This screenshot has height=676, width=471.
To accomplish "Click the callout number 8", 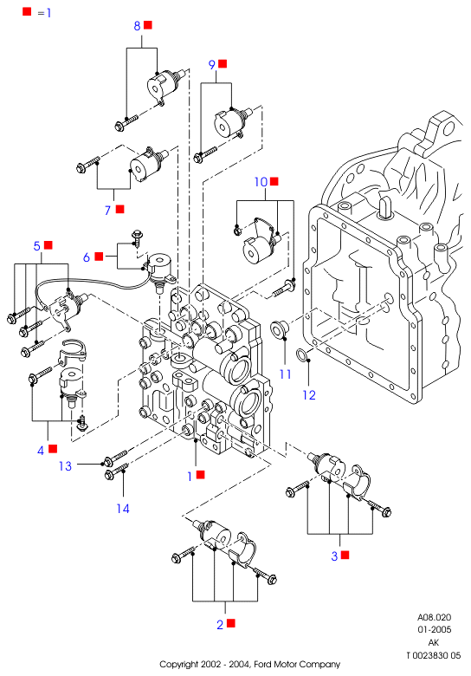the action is click(x=137, y=26).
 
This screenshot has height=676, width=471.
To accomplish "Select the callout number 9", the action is click(x=212, y=65).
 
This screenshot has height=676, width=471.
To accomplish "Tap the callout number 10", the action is click(x=261, y=182).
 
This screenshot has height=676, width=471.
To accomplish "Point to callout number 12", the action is click(x=309, y=395).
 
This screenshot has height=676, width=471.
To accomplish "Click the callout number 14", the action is click(x=123, y=509).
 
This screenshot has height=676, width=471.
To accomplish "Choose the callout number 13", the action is click(x=65, y=466).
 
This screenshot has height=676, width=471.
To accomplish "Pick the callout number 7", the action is click(x=108, y=211).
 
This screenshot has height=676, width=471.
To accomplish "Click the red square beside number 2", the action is click(x=231, y=623).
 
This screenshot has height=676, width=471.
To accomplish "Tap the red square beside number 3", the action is click(x=345, y=555).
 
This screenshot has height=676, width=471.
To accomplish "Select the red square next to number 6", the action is click(x=99, y=257).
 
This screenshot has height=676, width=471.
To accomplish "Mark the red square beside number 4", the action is click(x=53, y=449).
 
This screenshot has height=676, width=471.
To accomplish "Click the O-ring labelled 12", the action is click(x=301, y=355).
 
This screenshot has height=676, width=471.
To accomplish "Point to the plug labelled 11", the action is click(x=278, y=329).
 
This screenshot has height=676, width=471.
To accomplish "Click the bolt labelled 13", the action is click(x=116, y=458).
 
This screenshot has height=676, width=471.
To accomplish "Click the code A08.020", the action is click(x=434, y=617).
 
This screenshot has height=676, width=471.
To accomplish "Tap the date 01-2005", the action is click(x=434, y=629).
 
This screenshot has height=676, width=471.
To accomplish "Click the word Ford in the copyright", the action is click(x=262, y=665).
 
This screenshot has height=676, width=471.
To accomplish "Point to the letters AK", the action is click(x=434, y=642).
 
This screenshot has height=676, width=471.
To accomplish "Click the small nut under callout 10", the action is click(x=236, y=231).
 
